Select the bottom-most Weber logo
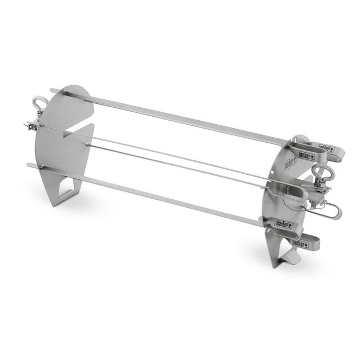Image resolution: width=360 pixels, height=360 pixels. (305, 244)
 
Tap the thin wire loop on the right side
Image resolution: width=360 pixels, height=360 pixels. (330, 212)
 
